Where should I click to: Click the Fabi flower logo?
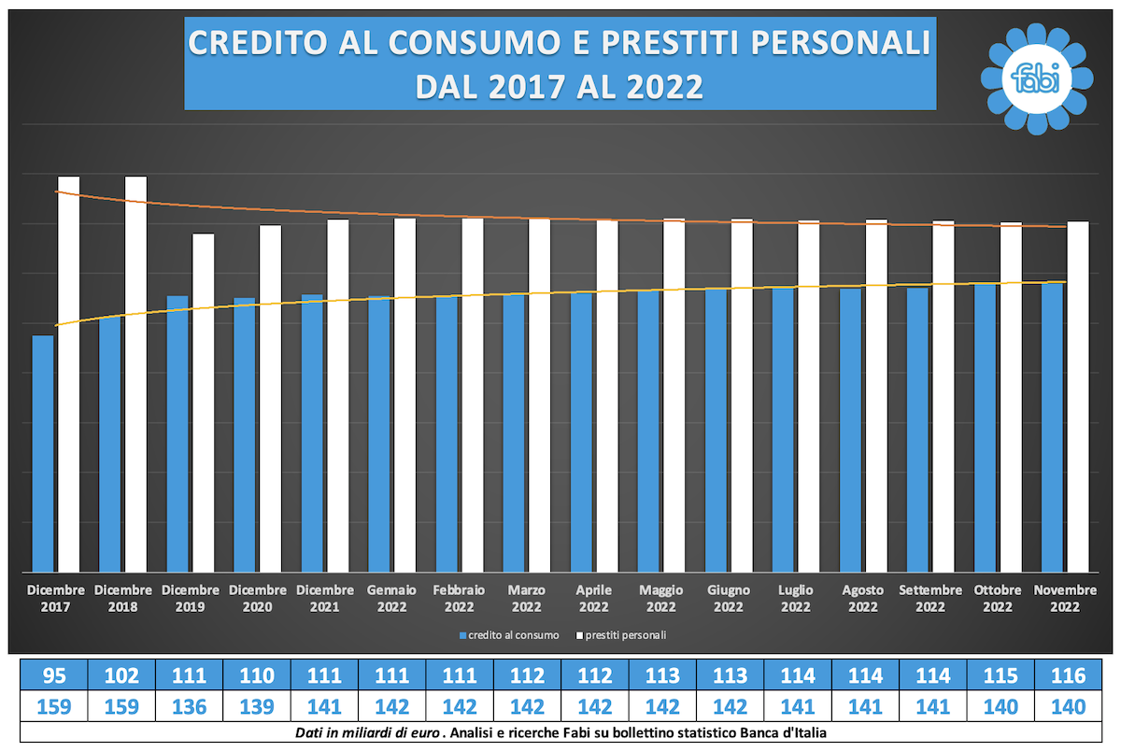pos(1038,78)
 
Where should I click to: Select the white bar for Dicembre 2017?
pos(68,374)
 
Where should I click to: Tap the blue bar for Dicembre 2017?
pos(43,453)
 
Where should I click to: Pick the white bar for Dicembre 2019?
pos(203,402)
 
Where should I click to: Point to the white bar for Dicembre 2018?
pos(135,374)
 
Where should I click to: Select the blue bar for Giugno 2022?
pos(717,430)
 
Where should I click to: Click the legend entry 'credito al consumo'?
pos(509,635)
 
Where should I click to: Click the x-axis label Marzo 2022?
pos(527,599)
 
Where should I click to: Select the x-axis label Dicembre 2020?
pos(258,599)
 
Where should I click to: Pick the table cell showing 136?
pos(189,706)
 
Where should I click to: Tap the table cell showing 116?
pos(1069,674)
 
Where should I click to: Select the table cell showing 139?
pos(257,706)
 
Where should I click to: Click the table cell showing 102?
pos(121,674)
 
